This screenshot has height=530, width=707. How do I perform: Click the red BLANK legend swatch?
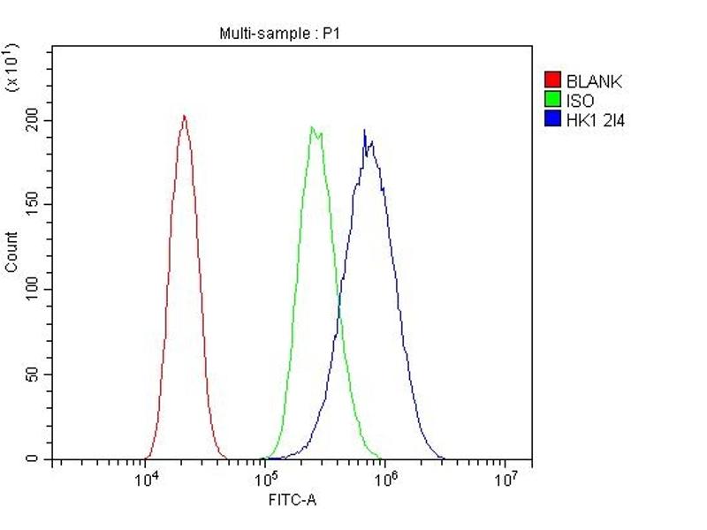(x=552, y=81)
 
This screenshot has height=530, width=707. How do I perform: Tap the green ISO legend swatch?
(x=552, y=100)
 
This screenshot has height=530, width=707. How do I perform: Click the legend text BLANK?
(x=595, y=82)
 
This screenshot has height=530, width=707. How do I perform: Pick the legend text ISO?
(x=581, y=101)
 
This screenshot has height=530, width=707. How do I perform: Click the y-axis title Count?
(x=11, y=252)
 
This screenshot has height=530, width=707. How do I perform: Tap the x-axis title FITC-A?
(x=293, y=501)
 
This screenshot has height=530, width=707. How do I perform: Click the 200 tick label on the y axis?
(x=33, y=120)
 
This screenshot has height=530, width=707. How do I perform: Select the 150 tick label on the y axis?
(x=33, y=205)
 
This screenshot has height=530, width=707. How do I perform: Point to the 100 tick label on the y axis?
(x=33, y=290)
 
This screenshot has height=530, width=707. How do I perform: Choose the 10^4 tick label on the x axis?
(x=146, y=479)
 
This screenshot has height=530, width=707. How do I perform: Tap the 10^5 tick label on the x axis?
(x=265, y=479)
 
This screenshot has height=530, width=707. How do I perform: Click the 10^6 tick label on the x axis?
(x=384, y=479)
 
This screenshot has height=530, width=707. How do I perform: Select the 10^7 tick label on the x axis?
(x=504, y=479)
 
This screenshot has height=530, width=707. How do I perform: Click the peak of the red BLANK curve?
(x=184, y=116)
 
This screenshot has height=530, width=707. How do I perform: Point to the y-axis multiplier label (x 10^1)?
(x=12, y=65)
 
